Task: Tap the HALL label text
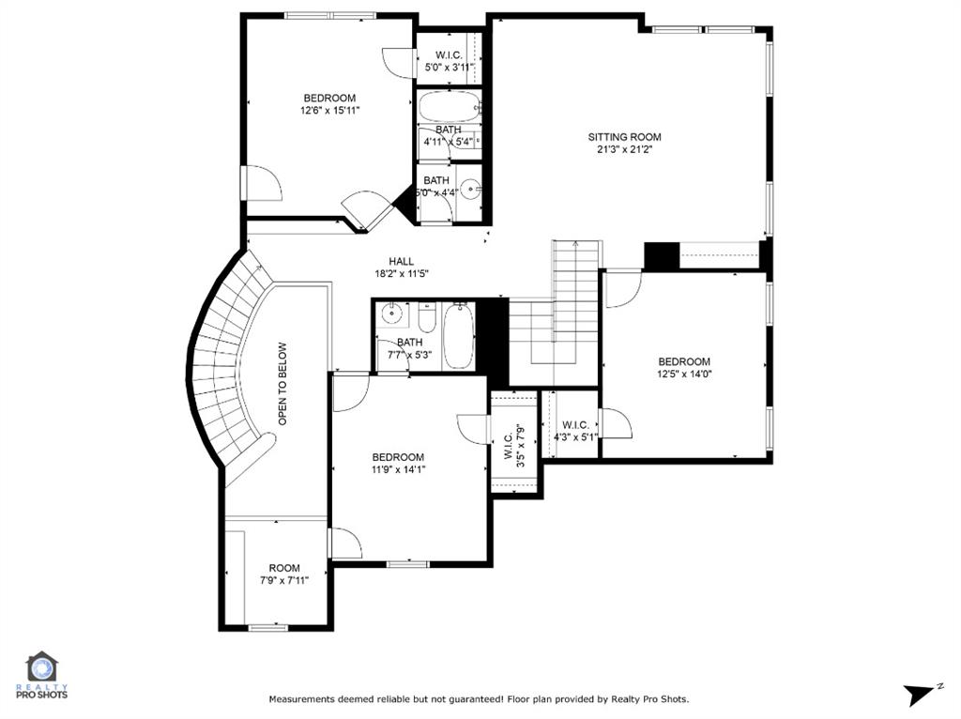tap(403, 261)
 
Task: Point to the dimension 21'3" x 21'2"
tap(624, 149)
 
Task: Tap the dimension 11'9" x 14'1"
tap(397, 470)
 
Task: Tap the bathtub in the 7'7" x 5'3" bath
tap(460, 336)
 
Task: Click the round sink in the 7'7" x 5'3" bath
tap(392, 314)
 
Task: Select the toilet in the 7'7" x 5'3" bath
tap(427, 319)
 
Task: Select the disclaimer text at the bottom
tap(479, 699)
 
